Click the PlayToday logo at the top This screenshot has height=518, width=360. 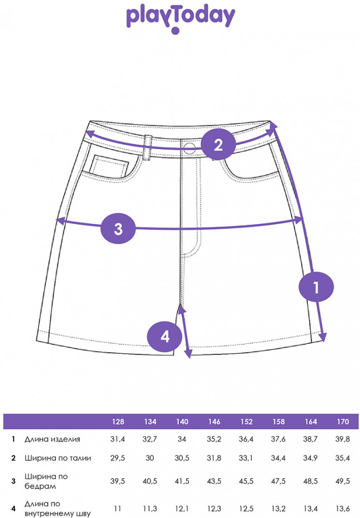[181, 20]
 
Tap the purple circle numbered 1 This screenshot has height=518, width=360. [316, 287]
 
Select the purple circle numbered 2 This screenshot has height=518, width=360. [218, 145]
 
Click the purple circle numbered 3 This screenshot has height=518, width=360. [118, 228]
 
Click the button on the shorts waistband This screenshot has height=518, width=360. [189, 148]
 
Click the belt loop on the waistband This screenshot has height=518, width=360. [148, 146]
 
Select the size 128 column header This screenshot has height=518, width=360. [118, 422]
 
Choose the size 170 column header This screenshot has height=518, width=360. [343, 422]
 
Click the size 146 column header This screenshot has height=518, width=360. [214, 422]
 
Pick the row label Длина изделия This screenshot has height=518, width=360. [52, 439]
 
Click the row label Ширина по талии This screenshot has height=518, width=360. [58, 458]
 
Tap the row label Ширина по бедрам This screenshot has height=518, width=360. [46, 481]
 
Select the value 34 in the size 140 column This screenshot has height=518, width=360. [182, 439]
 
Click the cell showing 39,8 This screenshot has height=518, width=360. [342, 439]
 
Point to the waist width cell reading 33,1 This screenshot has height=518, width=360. [246, 458]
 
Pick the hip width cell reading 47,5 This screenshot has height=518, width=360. [278, 481]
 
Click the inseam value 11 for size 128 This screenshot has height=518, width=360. [118, 509]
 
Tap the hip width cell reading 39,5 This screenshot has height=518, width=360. [118, 481]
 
